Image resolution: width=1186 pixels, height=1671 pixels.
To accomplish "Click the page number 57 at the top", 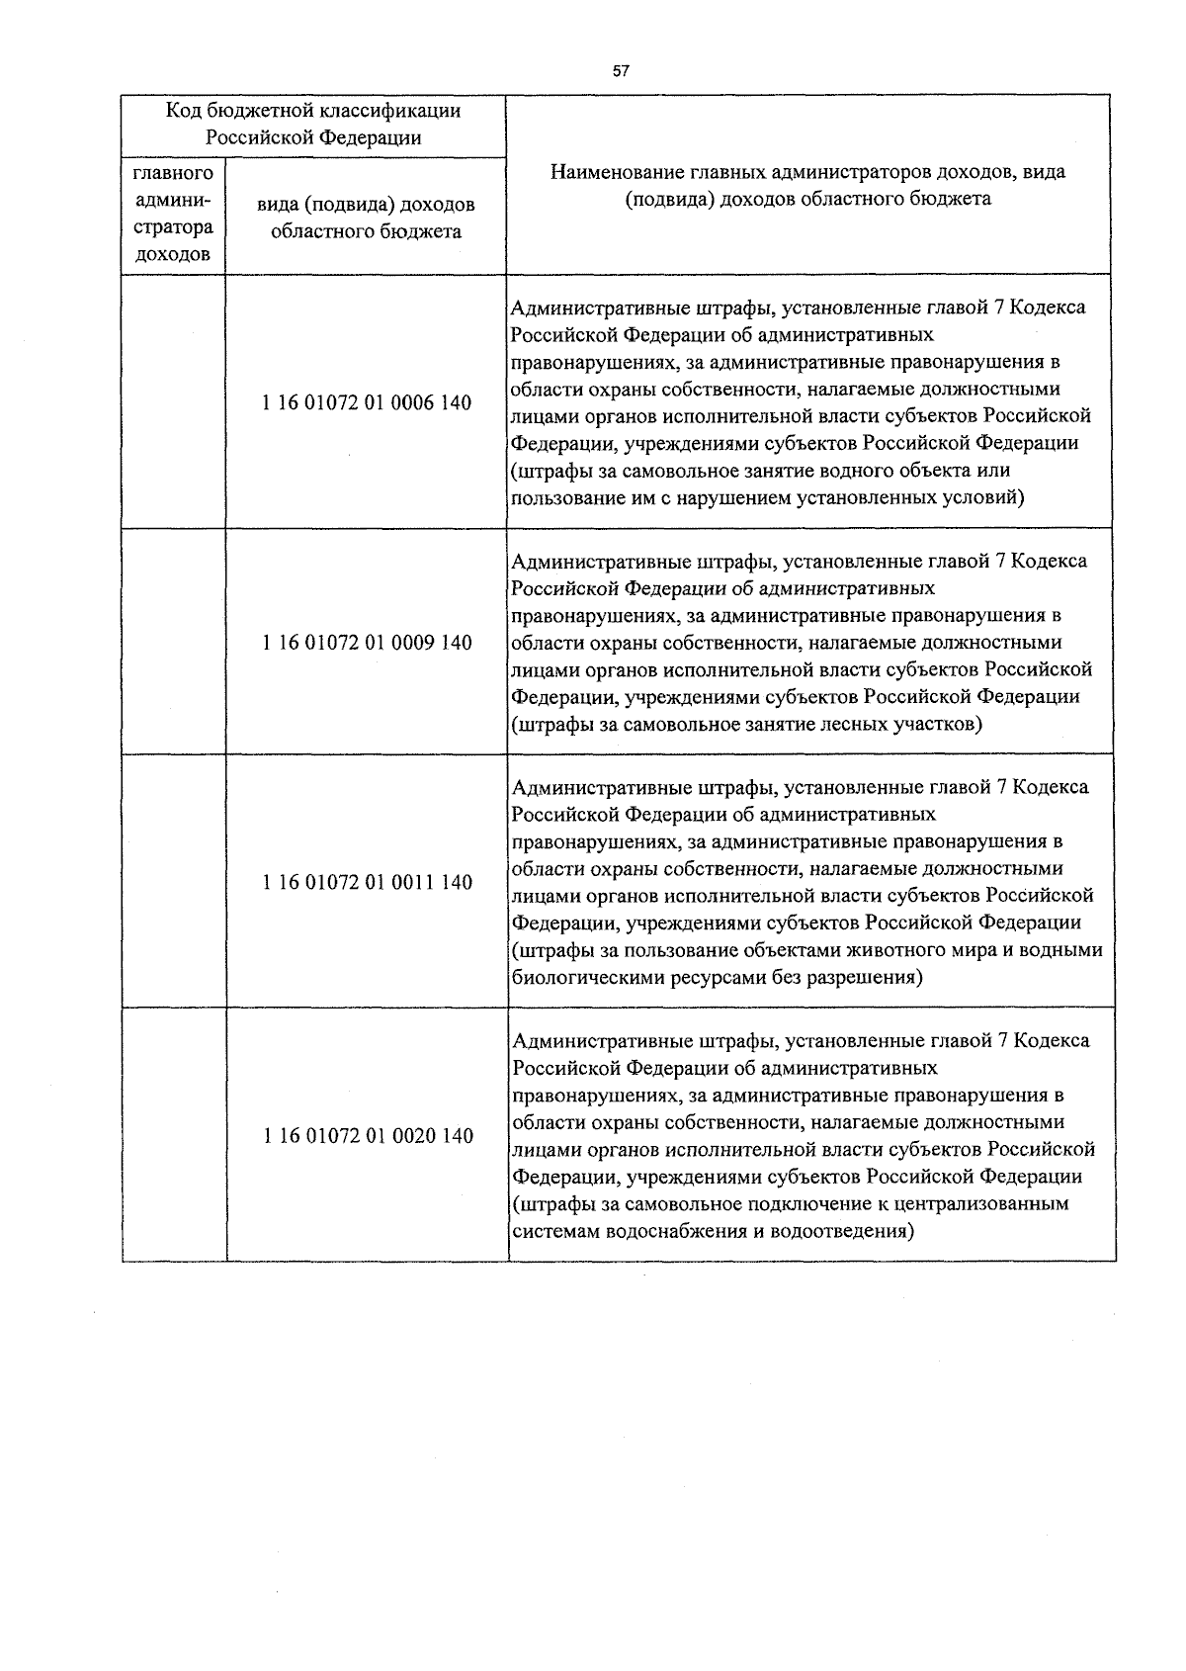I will click(x=621, y=71).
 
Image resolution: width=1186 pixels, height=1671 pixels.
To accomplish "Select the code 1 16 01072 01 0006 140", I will click(x=367, y=403).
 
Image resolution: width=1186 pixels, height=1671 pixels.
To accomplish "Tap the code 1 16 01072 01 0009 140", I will click(x=367, y=643).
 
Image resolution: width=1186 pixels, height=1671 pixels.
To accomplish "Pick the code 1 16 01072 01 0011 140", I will click(x=367, y=882).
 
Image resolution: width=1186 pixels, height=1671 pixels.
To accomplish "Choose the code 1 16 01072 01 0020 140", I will click(x=367, y=1136).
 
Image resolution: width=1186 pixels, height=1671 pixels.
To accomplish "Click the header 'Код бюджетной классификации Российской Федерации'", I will click(x=313, y=125).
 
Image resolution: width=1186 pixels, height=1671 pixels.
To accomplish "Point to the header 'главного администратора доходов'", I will click(x=173, y=214).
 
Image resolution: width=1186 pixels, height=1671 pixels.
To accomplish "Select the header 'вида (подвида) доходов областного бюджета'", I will click(x=366, y=218).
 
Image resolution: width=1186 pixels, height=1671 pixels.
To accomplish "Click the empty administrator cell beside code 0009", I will click(x=174, y=643).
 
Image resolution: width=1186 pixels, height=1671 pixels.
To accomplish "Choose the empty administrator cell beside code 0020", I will click(x=174, y=1136).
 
